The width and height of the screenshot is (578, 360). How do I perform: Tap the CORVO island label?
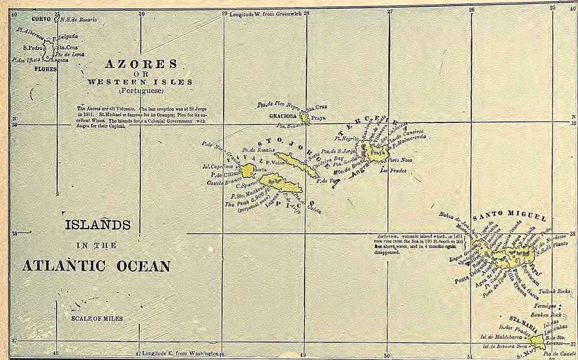[x=42, y=19]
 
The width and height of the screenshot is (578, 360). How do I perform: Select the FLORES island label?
[x=45, y=69]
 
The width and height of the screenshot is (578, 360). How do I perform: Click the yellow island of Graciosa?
[x=304, y=117]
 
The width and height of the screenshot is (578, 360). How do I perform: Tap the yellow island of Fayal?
[x=249, y=170]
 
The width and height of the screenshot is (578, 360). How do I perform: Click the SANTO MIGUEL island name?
[x=509, y=215]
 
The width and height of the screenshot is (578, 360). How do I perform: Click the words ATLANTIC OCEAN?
[x=96, y=266]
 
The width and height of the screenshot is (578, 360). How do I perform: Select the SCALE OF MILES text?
[x=97, y=319]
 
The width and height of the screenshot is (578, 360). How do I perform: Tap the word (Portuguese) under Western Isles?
[x=141, y=91]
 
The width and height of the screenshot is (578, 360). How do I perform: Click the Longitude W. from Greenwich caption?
[x=265, y=14]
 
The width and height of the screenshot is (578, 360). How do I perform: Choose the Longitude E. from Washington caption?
[x=181, y=353]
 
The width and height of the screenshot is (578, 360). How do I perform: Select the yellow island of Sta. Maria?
[x=536, y=341]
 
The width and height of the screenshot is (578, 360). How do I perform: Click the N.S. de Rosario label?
[x=79, y=20]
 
